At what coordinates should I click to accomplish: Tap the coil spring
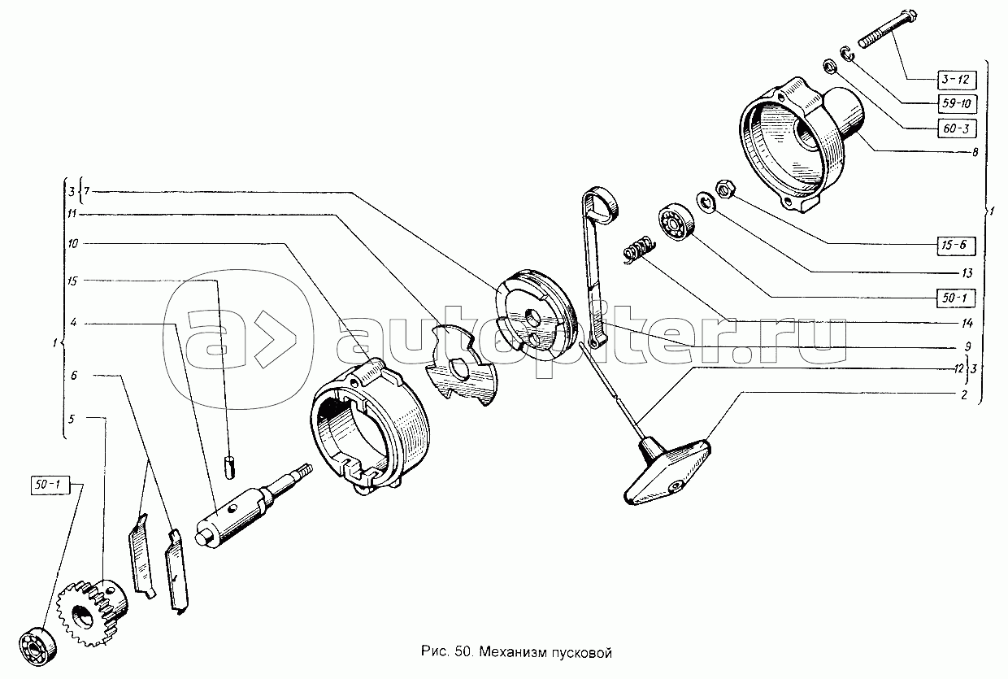tap(639, 247)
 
